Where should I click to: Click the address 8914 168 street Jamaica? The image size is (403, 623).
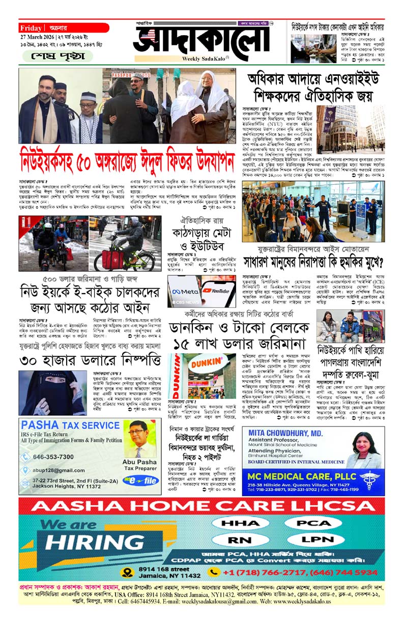click(63, 572)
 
